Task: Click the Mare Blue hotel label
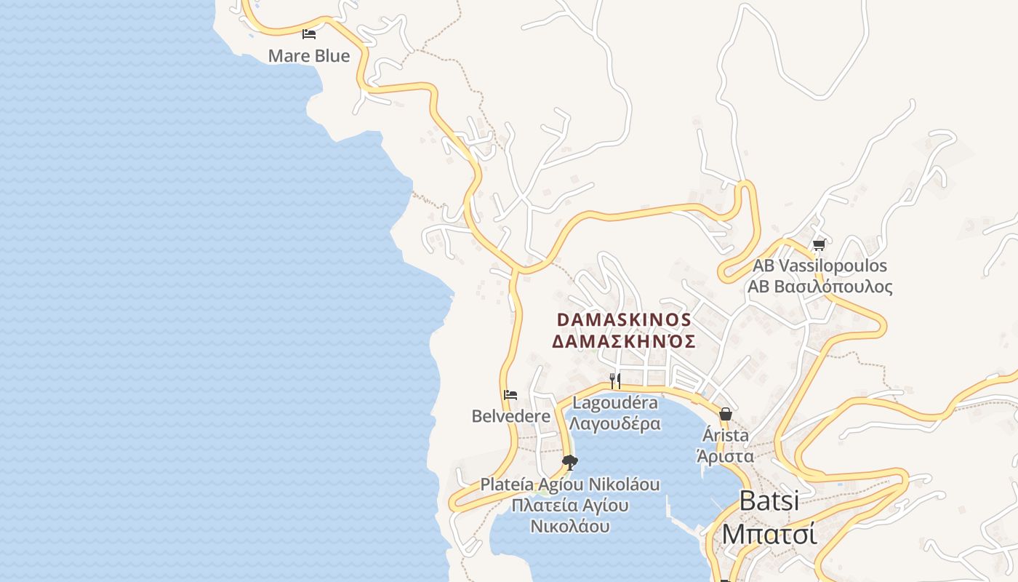tap(309, 56)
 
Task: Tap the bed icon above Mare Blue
tap(309, 34)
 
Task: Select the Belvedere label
tap(511, 416)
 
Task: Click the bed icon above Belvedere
tap(510, 395)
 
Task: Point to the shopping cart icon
tap(819, 244)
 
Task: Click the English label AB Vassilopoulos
tap(819, 266)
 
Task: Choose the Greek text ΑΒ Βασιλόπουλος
tap(819, 287)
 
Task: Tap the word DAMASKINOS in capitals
tap(624, 320)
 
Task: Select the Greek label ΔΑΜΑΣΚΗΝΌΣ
tap(624, 341)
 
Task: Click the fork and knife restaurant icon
tap(615, 380)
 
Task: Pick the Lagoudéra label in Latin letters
tap(615, 402)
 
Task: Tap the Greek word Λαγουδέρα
tap(615, 423)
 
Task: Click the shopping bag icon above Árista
tap(725, 414)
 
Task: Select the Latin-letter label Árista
tap(725, 435)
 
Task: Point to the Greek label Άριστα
tap(725, 456)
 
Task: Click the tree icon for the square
tap(570, 462)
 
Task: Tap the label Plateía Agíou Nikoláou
tap(570, 484)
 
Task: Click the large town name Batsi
tap(769, 501)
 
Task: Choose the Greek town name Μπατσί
tap(769, 533)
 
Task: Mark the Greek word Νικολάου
tap(570, 526)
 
